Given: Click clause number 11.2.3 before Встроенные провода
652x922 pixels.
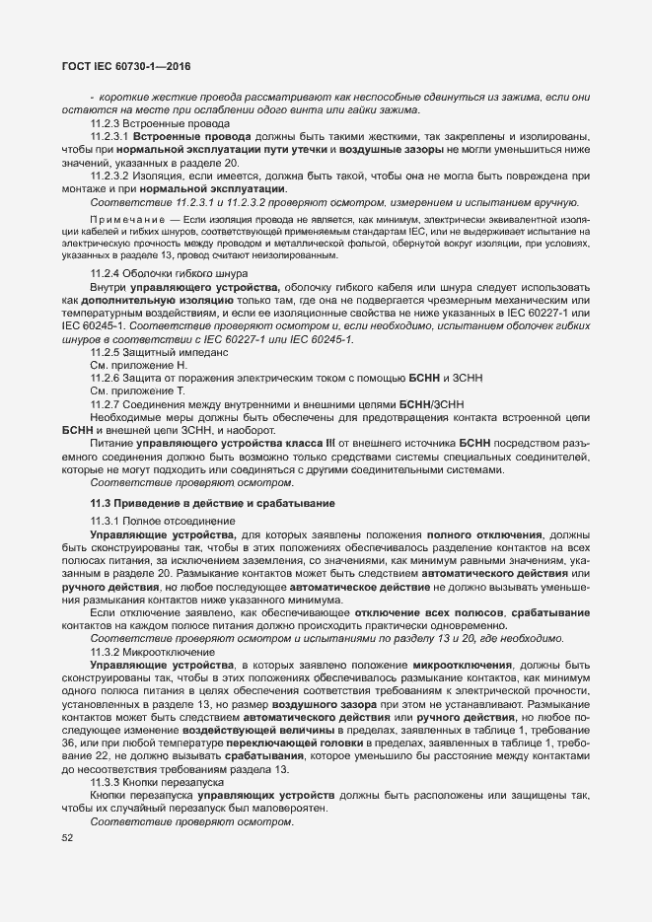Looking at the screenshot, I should (105, 123).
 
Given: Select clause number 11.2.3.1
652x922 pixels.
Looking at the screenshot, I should (109, 136).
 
